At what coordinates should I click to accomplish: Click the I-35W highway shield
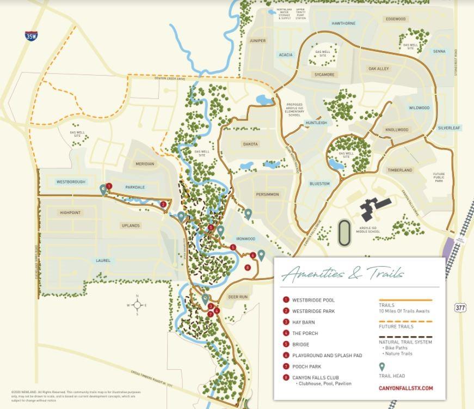coord(31,36)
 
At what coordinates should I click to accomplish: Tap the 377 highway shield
coord(460,308)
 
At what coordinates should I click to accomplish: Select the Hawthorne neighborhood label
coord(343,23)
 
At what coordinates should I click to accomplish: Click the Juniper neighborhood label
coord(258,41)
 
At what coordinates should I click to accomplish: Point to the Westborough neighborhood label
coord(71,181)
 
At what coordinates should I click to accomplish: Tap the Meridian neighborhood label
coord(145,164)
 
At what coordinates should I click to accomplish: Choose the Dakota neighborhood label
coord(250,144)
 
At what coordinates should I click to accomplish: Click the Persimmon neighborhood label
coord(267,194)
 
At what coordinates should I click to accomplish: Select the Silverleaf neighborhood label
coord(449,128)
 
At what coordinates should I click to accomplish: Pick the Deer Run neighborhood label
coord(238,297)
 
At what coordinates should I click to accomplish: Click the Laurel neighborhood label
coord(103,260)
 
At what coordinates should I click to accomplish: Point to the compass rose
coord(137,305)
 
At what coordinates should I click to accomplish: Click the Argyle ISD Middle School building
coord(376,209)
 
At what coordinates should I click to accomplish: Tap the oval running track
coord(344,233)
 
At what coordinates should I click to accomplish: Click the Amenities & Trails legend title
coord(343,273)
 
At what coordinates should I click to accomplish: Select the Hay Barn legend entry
coord(303,322)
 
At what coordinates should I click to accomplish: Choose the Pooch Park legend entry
coord(306,367)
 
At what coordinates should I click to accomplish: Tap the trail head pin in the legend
coord(382,367)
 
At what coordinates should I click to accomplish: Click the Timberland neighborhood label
coord(400,170)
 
